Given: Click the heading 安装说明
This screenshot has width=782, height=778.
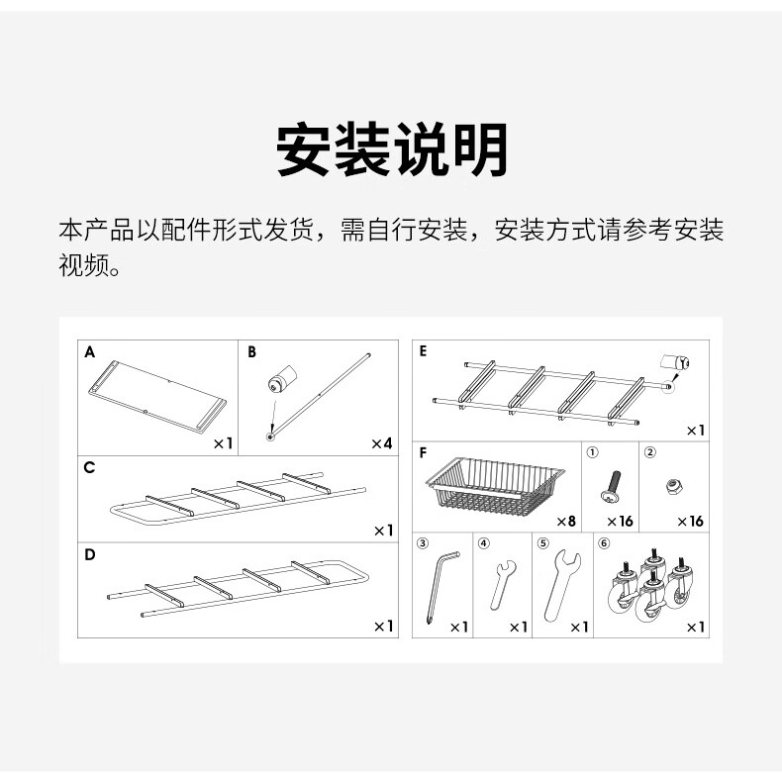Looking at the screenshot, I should (391, 150).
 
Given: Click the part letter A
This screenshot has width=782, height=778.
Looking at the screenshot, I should (90, 352).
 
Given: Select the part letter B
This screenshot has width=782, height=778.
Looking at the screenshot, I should (251, 352).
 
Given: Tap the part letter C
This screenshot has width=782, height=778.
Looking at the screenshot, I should (90, 467).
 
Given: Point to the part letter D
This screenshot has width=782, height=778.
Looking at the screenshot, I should (90, 554).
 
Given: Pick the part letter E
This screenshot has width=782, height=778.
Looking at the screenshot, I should (424, 351).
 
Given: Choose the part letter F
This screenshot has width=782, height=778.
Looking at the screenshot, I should (424, 455).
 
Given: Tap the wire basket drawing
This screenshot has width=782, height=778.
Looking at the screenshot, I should (493, 484).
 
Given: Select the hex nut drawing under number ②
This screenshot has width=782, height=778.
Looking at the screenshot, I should (673, 485).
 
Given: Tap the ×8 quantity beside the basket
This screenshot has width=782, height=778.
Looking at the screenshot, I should (566, 521).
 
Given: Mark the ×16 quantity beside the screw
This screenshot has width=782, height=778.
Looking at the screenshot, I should (621, 521).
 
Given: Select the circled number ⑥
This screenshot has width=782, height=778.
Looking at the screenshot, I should (605, 542).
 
